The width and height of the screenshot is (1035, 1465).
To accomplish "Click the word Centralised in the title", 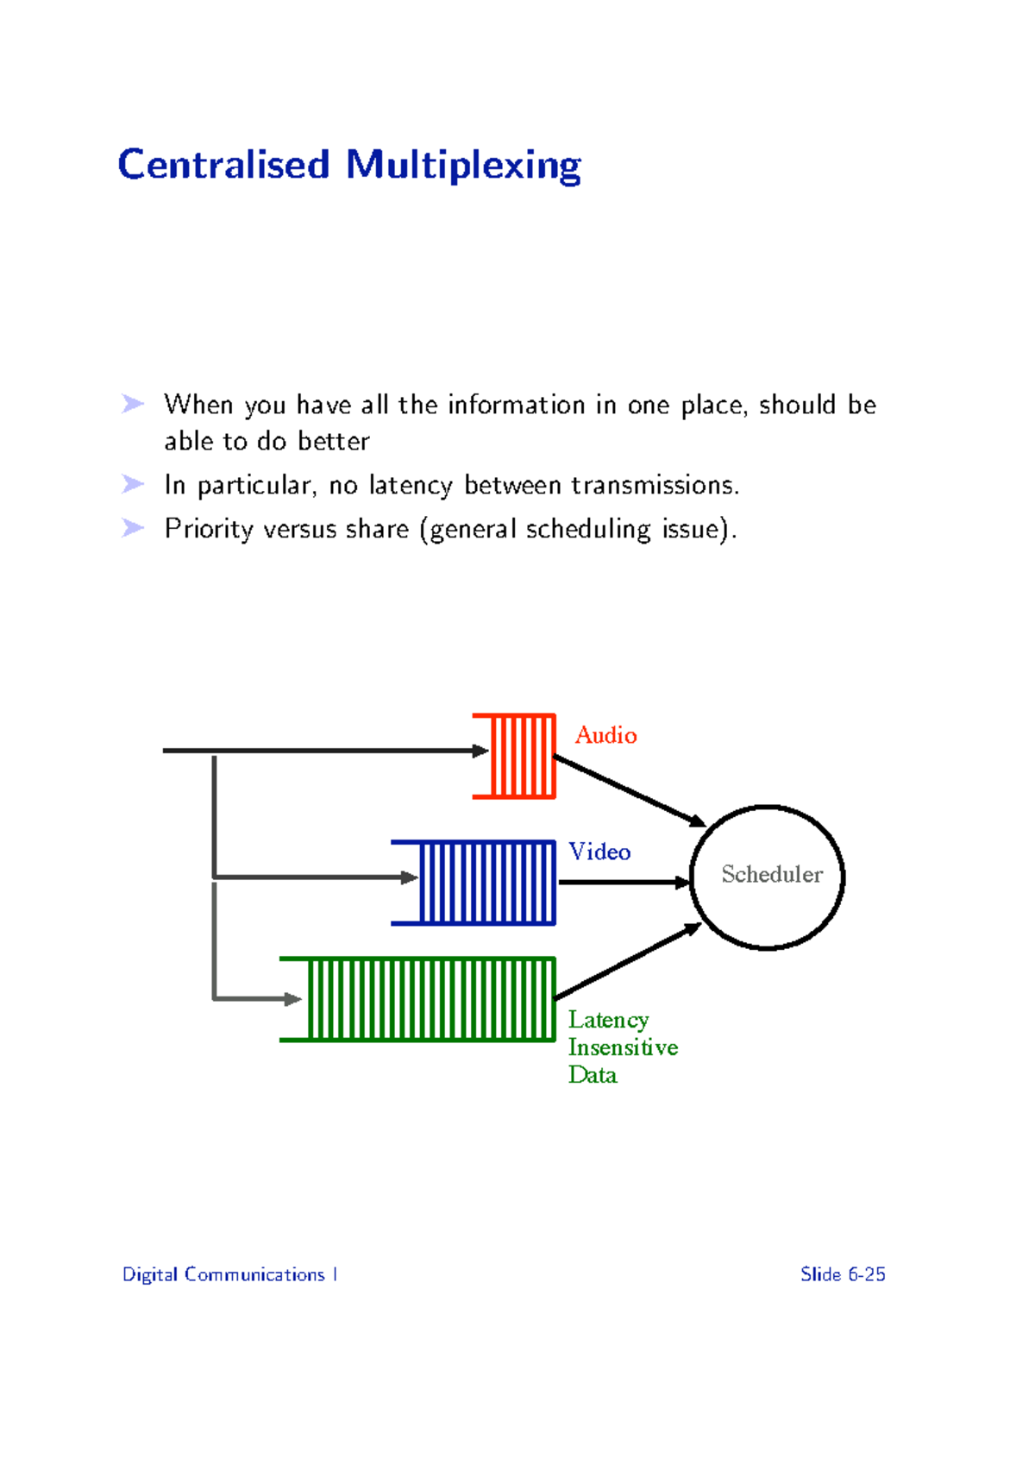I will click(x=223, y=165).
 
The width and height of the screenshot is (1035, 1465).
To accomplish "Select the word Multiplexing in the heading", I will click(x=463, y=166).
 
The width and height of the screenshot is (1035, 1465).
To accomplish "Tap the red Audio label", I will click(x=605, y=735).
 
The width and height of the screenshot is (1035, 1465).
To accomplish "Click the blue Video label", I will click(x=599, y=852).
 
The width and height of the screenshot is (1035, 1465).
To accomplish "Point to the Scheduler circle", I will click(x=767, y=877).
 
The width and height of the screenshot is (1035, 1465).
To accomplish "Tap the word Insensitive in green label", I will click(x=623, y=1047).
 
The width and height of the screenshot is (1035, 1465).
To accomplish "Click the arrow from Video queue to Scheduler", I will click(x=621, y=882).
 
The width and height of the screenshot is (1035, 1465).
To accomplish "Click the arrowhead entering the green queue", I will click(x=292, y=999).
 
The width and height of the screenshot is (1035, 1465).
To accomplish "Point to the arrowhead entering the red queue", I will click(x=480, y=751).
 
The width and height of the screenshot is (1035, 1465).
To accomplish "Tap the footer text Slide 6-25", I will click(x=843, y=1274).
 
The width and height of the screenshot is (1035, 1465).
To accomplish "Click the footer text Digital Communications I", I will click(x=229, y=1274).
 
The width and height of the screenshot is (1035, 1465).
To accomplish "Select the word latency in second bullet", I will click(x=410, y=486).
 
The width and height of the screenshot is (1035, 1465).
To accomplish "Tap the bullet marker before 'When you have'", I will click(x=133, y=404).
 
